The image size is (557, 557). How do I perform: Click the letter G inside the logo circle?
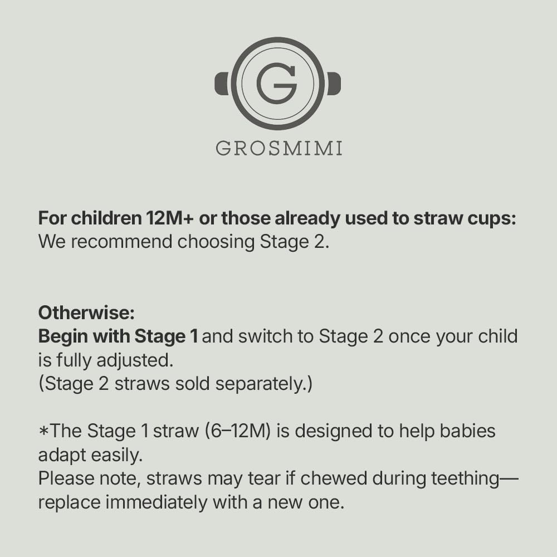(277, 84)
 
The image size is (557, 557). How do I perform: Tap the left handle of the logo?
(222, 84)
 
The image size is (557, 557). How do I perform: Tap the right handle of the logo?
(334, 84)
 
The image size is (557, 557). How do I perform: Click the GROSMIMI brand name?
(279, 148)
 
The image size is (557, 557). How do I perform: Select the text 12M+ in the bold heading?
(170, 218)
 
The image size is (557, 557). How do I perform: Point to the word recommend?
(121, 242)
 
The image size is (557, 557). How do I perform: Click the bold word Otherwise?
(86, 313)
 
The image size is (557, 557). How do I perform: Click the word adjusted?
(135, 360)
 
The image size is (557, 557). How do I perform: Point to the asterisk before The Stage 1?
(43, 431)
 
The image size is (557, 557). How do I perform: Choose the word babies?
(467, 431)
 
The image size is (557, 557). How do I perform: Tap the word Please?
(66, 478)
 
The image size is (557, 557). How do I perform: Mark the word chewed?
(334, 478)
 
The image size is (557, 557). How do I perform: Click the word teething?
(465, 479)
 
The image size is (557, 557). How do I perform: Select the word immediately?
(157, 502)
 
